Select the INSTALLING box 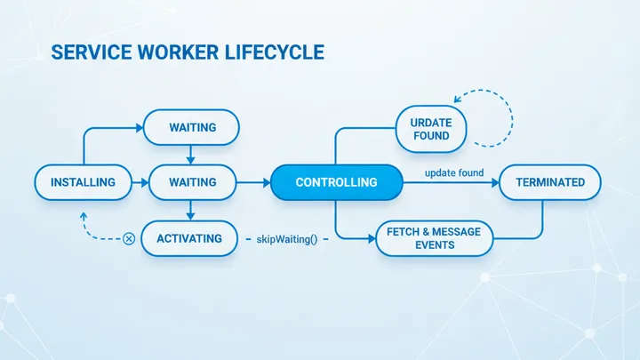83,182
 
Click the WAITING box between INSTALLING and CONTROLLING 192,182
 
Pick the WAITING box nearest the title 192,127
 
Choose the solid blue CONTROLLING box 336,182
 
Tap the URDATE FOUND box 429,129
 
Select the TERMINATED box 549,182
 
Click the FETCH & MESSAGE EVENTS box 434,238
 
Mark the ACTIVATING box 189,238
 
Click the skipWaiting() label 286,239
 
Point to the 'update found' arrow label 453,171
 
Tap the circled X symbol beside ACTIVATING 129,238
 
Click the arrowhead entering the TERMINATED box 493,182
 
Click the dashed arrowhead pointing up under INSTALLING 83,215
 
